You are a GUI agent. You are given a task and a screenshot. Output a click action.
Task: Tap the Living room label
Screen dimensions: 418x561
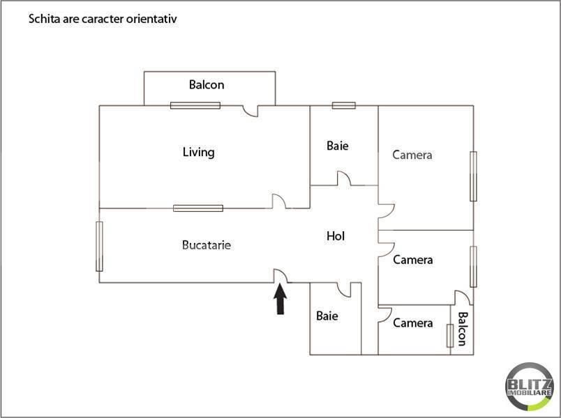point(198,152)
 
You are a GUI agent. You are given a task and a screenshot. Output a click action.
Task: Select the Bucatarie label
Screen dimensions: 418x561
point(206,245)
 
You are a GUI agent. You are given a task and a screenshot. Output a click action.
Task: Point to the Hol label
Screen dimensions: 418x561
point(336,236)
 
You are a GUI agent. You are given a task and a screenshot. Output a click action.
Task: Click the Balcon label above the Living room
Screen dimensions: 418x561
point(207,85)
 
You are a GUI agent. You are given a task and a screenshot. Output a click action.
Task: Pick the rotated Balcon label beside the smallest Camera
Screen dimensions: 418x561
point(461,328)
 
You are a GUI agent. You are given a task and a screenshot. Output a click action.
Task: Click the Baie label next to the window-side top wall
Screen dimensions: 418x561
point(337,146)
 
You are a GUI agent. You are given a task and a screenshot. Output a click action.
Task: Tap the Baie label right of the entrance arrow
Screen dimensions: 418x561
point(327,316)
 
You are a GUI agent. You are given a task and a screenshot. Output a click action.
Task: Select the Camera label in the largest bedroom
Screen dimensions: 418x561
point(412,155)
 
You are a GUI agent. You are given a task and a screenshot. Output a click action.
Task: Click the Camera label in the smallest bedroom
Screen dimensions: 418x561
point(412,323)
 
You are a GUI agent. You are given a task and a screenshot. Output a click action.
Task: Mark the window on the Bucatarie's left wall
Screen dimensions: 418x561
point(99,247)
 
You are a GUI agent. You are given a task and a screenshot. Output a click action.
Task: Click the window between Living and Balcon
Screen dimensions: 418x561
point(195,105)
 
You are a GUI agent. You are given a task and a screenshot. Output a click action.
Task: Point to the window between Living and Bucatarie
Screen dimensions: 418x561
point(198,208)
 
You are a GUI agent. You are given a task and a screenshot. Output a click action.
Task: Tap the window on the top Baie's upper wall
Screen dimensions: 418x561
point(343,105)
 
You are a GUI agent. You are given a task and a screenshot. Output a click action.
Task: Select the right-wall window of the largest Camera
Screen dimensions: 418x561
point(474,175)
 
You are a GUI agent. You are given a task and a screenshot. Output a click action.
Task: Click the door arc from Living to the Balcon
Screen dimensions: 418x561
point(250,111)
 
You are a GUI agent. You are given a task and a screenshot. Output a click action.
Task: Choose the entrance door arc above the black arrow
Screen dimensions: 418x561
point(280,277)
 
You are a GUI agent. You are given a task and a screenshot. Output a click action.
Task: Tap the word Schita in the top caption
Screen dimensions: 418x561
point(42,20)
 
